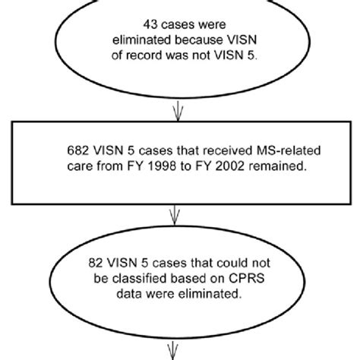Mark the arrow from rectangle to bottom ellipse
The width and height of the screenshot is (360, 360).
179,214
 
